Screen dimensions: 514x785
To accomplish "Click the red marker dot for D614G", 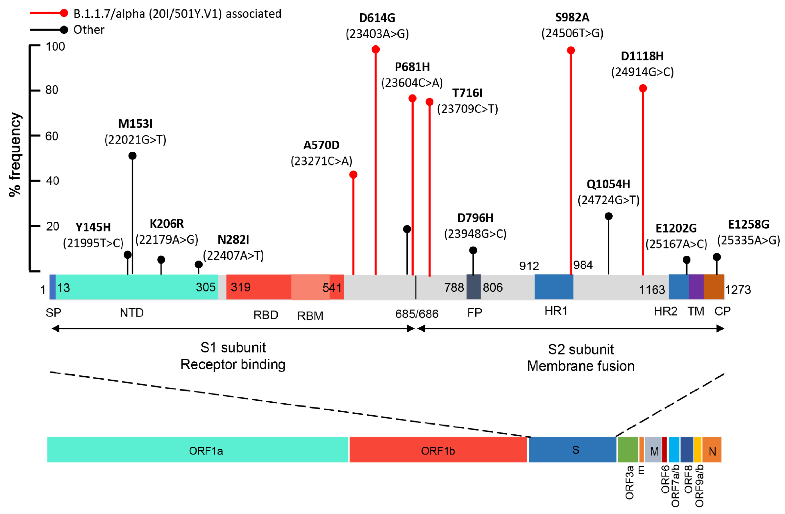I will click(375, 50).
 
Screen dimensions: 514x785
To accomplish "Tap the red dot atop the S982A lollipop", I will click(571, 50).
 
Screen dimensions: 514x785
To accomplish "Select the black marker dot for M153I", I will click(132, 156).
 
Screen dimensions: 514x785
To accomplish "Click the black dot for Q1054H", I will click(609, 216).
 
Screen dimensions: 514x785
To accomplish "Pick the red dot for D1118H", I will click(643, 88).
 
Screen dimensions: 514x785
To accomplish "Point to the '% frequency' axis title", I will click(15, 154).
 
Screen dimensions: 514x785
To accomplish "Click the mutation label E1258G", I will click(748, 224).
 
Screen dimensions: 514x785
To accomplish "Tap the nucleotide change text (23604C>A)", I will click(412, 82).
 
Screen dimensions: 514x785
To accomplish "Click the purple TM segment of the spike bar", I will click(696, 287).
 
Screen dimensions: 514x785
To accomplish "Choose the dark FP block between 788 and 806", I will click(473, 287).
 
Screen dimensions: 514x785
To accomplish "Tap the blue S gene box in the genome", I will click(572, 450).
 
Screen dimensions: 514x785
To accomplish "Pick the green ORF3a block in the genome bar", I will click(628, 450).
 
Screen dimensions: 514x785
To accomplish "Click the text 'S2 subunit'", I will click(581, 349).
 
